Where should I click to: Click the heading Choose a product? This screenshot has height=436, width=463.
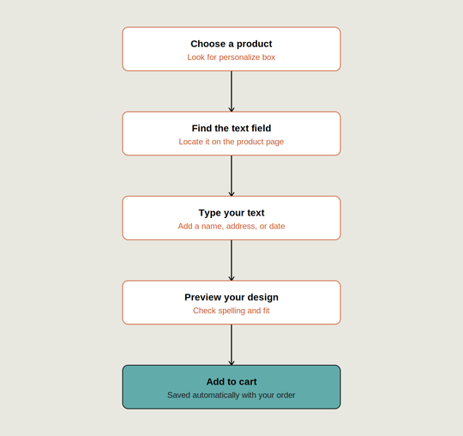pos(231,44)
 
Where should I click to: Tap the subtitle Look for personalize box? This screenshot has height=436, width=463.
pos(231,58)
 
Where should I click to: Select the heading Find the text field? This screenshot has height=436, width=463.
pos(231,128)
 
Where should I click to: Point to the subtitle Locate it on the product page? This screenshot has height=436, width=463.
pos(231,142)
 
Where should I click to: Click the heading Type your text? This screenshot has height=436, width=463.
pos(231,213)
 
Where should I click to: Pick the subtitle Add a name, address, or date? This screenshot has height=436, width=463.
pos(231,227)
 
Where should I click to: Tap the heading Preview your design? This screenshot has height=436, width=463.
pos(231,297)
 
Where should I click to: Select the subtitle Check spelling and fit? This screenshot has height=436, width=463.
pos(231,311)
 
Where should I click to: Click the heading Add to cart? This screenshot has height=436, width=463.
pos(231,382)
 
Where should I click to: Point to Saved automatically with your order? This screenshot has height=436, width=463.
pos(231,395)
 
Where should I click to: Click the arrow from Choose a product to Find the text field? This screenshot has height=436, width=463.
pos(231,91)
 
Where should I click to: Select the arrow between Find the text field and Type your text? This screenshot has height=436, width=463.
pos(231,176)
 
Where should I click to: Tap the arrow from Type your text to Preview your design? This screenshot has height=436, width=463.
pos(231,260)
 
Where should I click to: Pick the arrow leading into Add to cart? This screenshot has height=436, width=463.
pos(231,345)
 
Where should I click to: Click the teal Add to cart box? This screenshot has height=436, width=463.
pos(231,387)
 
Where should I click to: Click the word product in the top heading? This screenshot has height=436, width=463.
pos(255,44)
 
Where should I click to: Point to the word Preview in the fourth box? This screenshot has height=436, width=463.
pos(203,297)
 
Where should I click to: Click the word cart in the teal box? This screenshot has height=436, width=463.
pos(249,382)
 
